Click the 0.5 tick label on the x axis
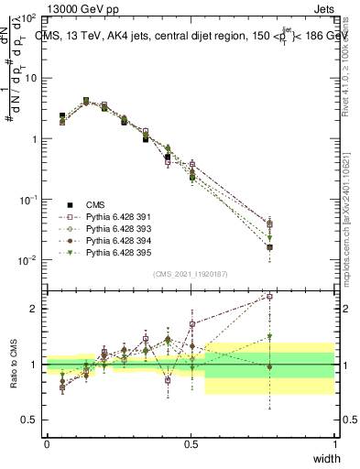point(191,443)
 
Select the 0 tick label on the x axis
point(47,443)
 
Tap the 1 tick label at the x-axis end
point(334,443)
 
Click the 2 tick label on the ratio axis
point(35,309)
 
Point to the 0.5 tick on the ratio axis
point(30,420)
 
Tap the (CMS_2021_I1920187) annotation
point(191,272)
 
